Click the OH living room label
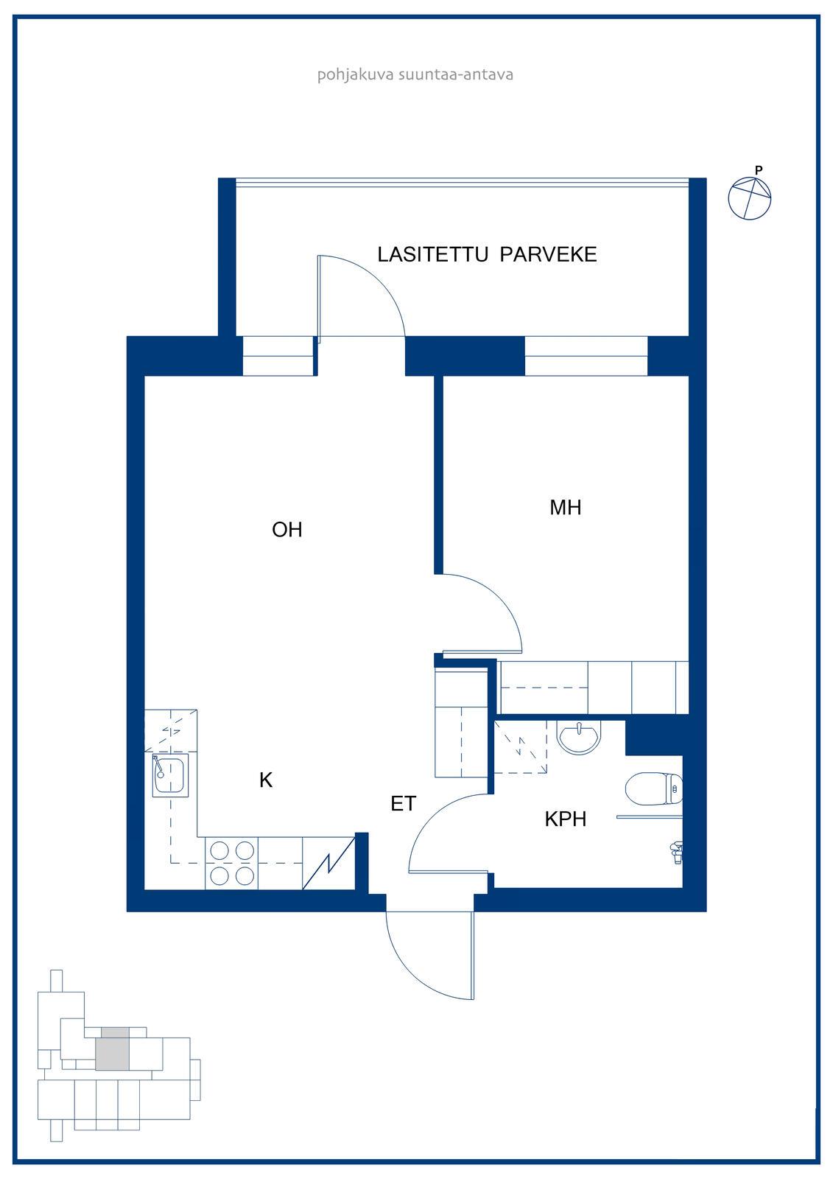pos(287,530)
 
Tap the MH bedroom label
pos(565,508)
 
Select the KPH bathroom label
pos(565,819)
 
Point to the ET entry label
pos(404,804)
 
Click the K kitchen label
pos(266,780)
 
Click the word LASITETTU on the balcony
pos(433,255)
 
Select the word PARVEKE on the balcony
pos(548,255)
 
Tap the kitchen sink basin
pos(170,774)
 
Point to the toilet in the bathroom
pos(653,788)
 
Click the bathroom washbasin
pos(579,738)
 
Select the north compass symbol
pos(749,198)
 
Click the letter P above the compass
pos(759,170)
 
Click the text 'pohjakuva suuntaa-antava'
pos(415,74)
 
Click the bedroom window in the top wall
pos(586,356)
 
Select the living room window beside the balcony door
pos(278,356)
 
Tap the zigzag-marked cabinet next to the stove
pos(328,863)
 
